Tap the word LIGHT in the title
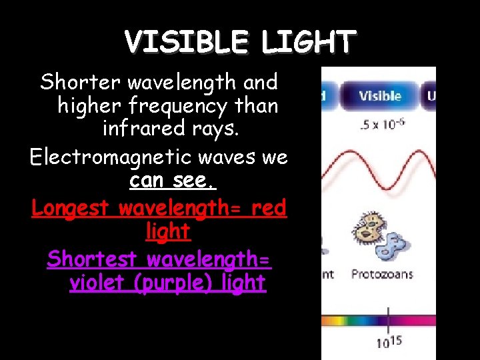click(307, 43)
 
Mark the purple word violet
click(99, 282)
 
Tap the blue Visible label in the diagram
click(380, 95)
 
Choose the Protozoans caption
click(381, 274)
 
